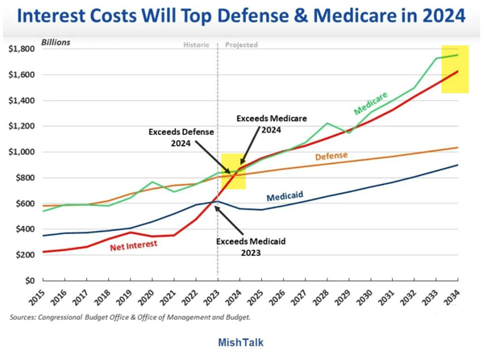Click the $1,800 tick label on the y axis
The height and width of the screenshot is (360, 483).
coord(21,48)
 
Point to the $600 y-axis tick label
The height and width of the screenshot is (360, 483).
coord(25,203)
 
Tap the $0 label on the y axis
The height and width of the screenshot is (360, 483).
coord(30,281)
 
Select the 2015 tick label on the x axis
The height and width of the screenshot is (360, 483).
coord(36,298)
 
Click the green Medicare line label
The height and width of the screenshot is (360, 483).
coord(371,103)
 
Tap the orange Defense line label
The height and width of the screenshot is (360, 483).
coord(331,156)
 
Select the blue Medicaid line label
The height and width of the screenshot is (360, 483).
coord(285,196)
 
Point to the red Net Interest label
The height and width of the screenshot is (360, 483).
coord(134,246)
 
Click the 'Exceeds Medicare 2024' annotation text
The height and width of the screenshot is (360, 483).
coord(272,124)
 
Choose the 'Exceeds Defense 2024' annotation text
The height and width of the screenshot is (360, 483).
coord(181,137)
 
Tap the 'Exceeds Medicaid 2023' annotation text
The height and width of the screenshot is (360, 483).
coord(251,247)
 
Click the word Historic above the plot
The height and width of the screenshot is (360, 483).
coord(196,44)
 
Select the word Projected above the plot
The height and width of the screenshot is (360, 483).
coord(242,44)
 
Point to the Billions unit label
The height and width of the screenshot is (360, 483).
coord(56,42)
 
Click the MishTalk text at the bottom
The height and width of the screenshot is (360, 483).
coord(241,342)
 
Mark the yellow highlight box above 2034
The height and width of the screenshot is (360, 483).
coord(455,69)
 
